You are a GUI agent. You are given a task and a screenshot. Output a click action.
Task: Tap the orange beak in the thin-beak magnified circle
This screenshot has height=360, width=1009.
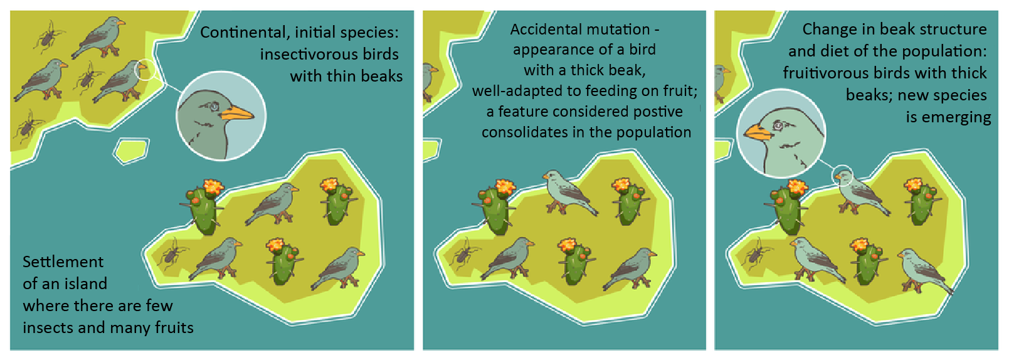tap(236, 113)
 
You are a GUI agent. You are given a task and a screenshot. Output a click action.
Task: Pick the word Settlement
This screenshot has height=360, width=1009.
tap(63, 262)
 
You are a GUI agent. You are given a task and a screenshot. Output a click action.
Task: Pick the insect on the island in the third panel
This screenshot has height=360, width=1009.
tap(754, 256)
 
